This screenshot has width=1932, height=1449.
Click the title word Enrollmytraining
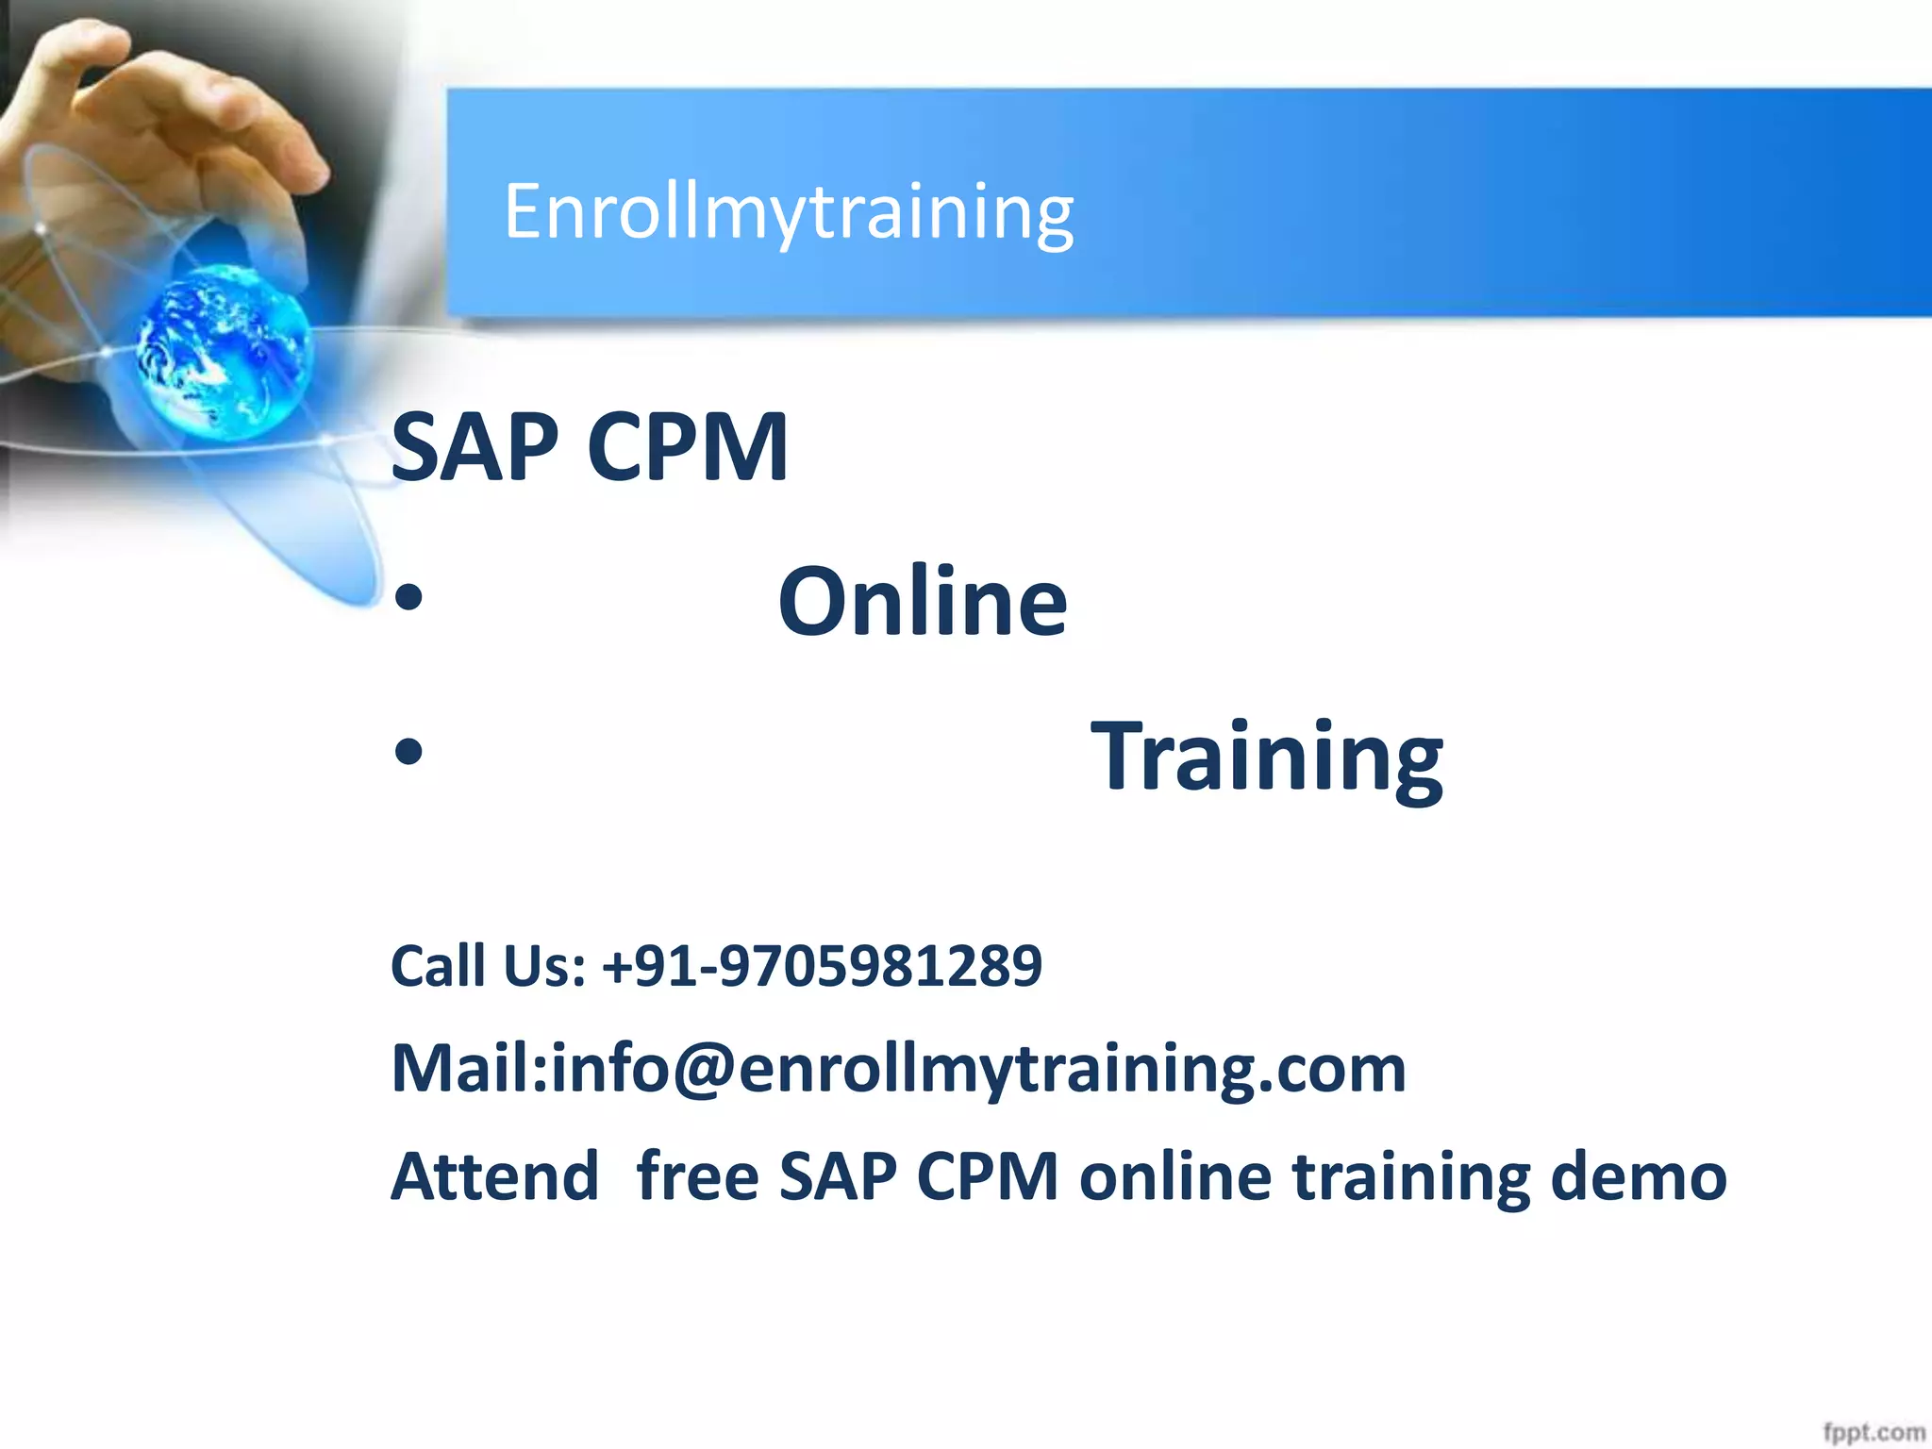coord(789,212)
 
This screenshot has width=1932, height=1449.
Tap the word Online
coord(922,601)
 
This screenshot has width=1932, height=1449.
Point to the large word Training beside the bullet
coord(1266,757)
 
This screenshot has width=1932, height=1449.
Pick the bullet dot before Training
coord(408,753)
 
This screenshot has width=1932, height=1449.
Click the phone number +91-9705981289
coord(822,965)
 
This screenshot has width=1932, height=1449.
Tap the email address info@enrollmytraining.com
coord(978,1069)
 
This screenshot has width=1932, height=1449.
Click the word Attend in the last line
coord(495,1176)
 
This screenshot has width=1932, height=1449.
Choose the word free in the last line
coord(698,1176)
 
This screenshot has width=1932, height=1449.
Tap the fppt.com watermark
coord(1874,1432)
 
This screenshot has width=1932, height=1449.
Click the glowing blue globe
coord(224,351)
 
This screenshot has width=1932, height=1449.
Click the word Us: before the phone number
coord(544,965)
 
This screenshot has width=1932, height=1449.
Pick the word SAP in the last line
coord(838,1176)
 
